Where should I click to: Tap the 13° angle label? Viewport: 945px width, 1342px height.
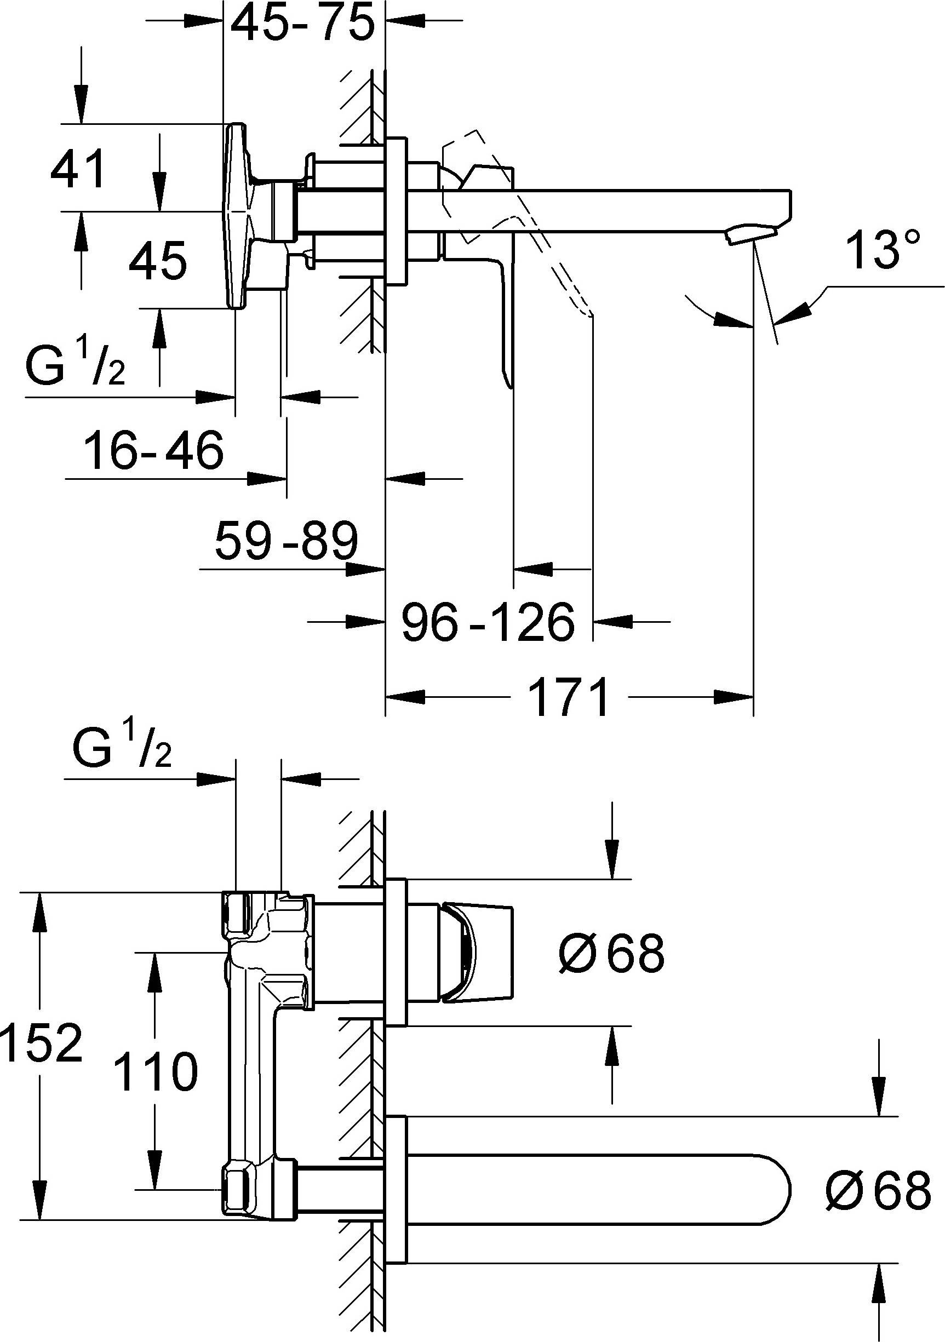(883, 251)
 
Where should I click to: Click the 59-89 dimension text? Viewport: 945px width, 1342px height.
(286, 541)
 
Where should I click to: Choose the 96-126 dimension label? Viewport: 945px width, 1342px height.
(488, 622)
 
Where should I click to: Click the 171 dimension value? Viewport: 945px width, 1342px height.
(568, 698)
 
